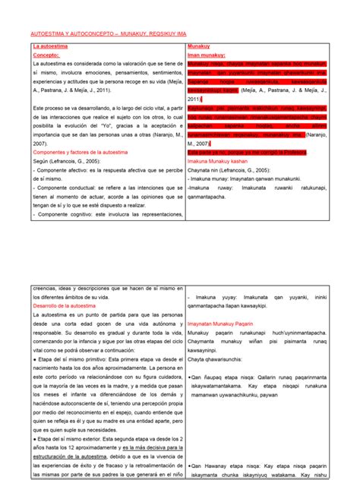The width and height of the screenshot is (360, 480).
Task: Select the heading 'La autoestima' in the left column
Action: (x=49, y=47)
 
